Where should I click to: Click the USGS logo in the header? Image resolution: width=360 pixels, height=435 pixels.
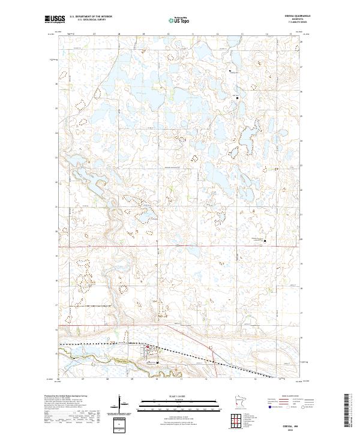[x=55, y=19]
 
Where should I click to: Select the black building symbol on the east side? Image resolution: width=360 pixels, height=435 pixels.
[x=265, y=241]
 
